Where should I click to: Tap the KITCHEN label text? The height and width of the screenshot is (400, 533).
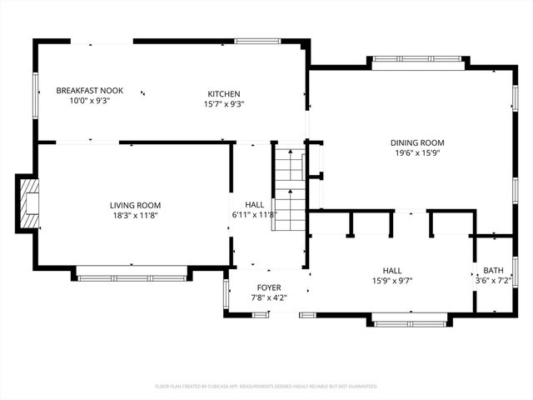(224, 93)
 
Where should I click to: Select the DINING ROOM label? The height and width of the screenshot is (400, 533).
(417, 142)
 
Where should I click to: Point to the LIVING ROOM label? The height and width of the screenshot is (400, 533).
(135, 205)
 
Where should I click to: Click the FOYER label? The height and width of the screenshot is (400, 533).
(268, 287)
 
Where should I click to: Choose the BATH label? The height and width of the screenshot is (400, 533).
(493, 271)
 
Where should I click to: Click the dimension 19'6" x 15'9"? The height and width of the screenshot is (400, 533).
(417, 152)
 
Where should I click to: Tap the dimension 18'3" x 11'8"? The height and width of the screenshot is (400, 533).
(135, 215)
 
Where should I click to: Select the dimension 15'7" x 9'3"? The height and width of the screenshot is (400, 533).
(224, 104)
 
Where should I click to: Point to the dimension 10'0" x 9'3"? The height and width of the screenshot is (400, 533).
(90, 100)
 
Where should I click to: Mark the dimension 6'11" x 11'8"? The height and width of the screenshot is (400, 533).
(254, 215)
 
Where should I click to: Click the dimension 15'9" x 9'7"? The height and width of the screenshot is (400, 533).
(392, 281)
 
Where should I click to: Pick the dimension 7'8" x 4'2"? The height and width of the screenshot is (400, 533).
(268, 297)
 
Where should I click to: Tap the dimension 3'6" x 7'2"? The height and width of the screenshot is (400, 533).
(493, 281)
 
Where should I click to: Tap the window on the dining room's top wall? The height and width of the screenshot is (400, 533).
(416, 59)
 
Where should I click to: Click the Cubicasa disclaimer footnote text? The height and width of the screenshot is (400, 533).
(266, 386)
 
